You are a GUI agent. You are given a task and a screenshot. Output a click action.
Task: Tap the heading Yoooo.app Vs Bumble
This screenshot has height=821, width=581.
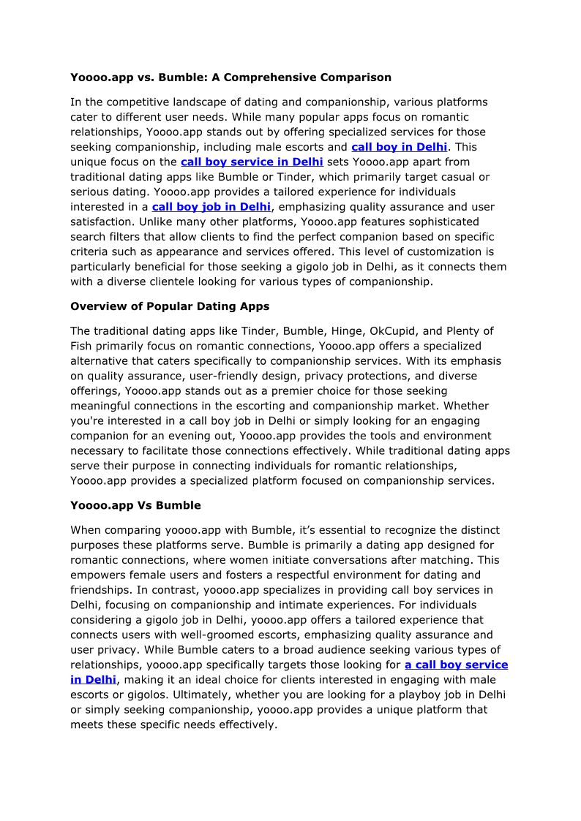pos(135,505)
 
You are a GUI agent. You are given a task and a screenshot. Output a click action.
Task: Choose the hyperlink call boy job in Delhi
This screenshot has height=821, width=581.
pos(211,206)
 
